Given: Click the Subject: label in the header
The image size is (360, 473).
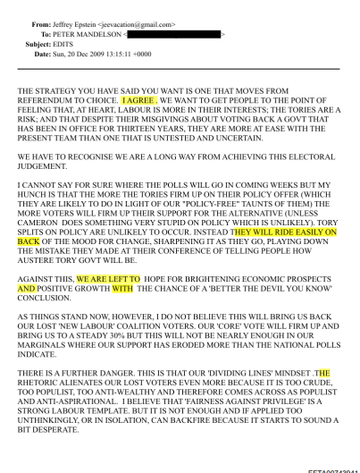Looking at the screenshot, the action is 38,44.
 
